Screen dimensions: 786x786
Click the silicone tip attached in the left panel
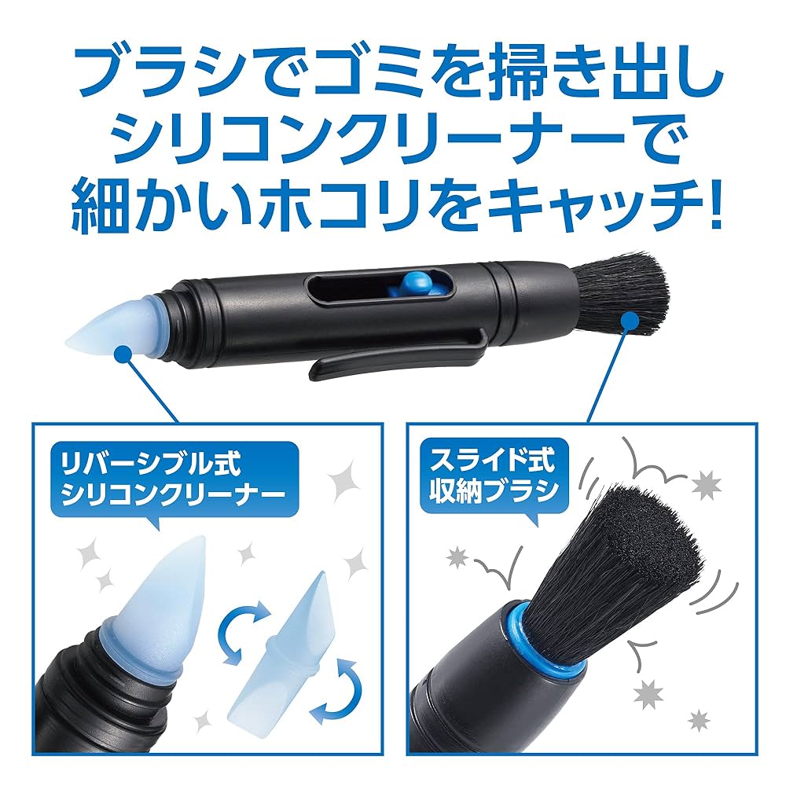tap(157, 597)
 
